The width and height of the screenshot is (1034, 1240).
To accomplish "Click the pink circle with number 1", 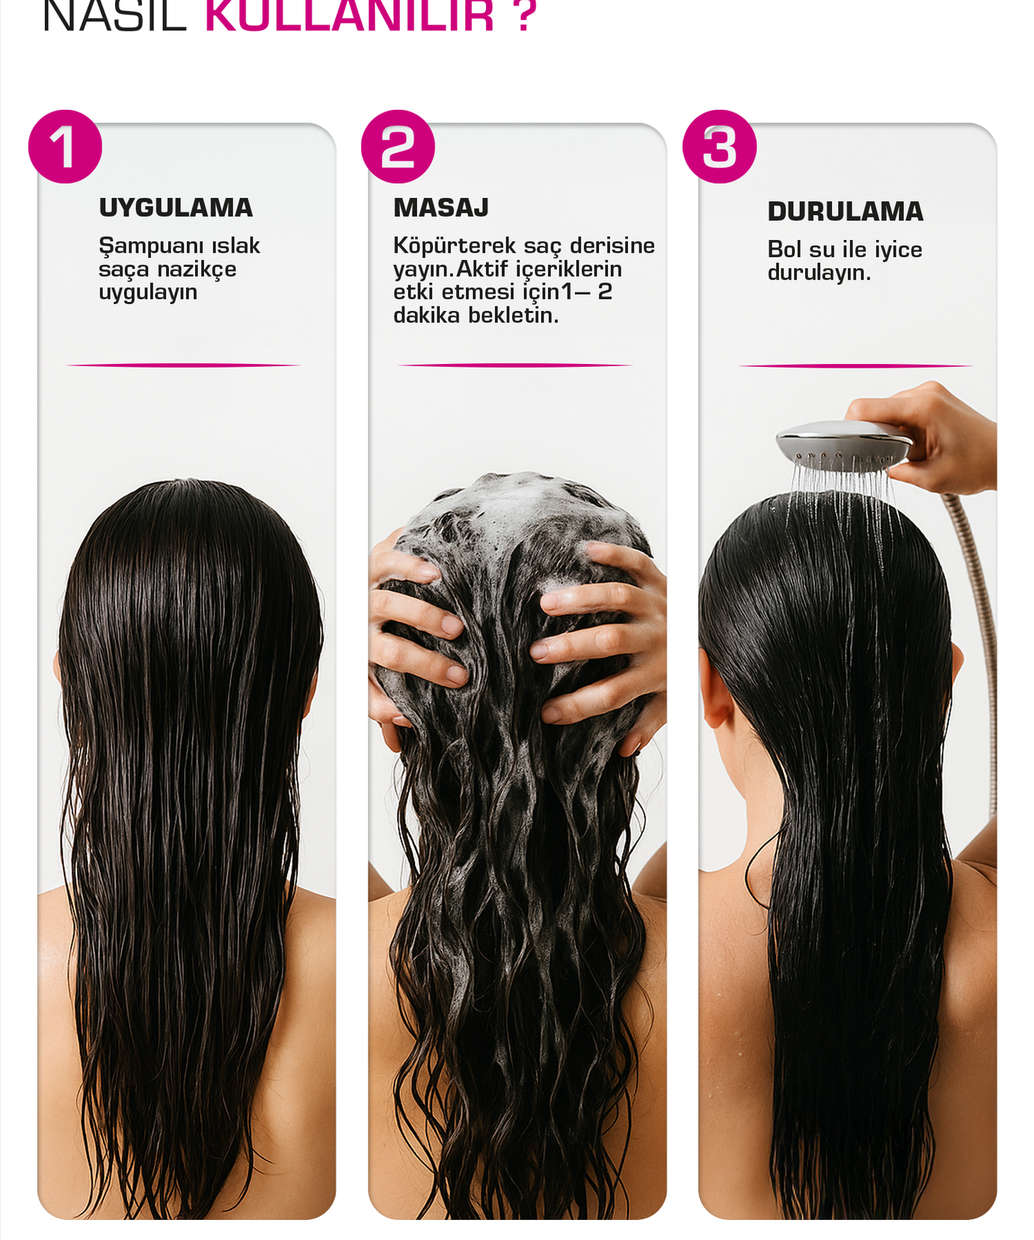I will pyautogui.click(x=65, y=146).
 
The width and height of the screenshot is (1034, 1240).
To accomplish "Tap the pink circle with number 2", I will pyautogui.click(x=398, y=146).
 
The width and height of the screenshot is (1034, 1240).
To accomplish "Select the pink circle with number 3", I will pyautogui.click(x=719, y=146).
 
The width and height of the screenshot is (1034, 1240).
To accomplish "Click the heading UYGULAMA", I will pyautogui.click(x=176, y=208).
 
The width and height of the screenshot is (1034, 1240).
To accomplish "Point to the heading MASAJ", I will pyautogui.click(x=441, y=208).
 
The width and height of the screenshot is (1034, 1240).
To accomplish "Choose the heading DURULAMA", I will pyautogui.click(x=846, y=212).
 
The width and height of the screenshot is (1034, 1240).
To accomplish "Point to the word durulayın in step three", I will pyautogui.click(x=818, y=273).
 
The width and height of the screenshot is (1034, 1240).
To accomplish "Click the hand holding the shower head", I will pyautogui.click(x=942, y=434).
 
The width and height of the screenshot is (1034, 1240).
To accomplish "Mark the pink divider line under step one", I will pyautogui.click(x=183, y=365).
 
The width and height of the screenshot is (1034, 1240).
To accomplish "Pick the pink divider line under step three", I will pyautogui.click(x=855, y=365).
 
